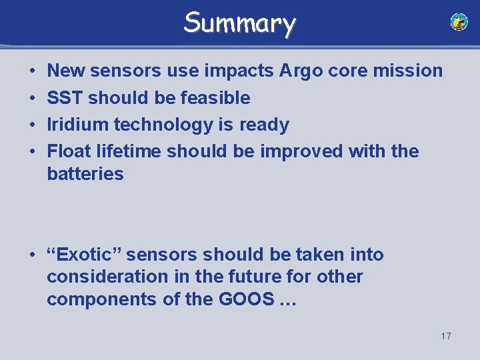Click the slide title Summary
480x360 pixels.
pos(239,23)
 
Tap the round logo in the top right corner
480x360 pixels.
pos(459,22)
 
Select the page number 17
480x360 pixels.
pos(445,336)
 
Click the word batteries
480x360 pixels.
pos(85,174)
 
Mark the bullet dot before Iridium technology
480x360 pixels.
pos(32,125)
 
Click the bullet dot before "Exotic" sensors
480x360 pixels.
pos(32,255)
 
